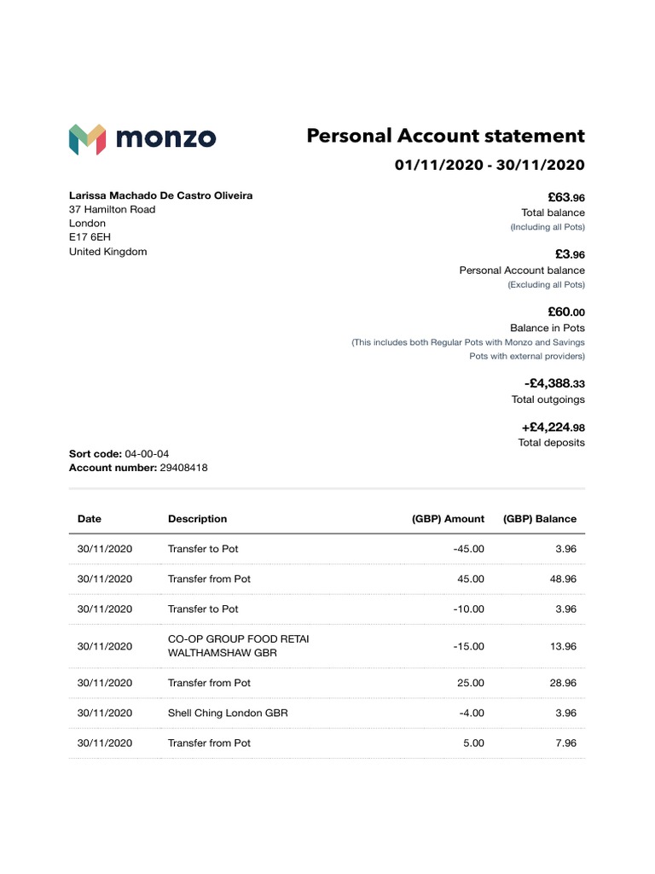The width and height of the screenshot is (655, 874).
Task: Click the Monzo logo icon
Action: [87, 139]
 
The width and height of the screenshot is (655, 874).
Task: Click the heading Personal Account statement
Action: [445, 136]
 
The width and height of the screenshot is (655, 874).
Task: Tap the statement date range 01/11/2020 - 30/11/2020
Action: [490, 165]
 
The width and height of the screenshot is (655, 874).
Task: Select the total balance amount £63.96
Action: [566, 197]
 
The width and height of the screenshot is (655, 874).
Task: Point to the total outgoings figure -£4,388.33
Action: [554, 384]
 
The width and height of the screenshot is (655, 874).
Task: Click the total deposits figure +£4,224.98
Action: [553, 427]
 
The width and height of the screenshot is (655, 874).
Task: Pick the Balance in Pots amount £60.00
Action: [566, 312]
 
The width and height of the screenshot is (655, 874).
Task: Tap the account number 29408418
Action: [183, 468]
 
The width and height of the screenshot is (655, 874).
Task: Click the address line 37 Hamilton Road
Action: [112, 209]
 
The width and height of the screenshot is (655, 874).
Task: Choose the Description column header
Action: [197, 518]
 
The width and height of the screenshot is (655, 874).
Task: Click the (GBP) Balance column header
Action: [540, 518]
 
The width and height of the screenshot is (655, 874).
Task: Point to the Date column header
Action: [89, 518]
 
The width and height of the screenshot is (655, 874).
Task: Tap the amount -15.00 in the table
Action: [468, 646]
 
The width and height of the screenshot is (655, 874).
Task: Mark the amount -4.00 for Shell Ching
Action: [471, 713]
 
